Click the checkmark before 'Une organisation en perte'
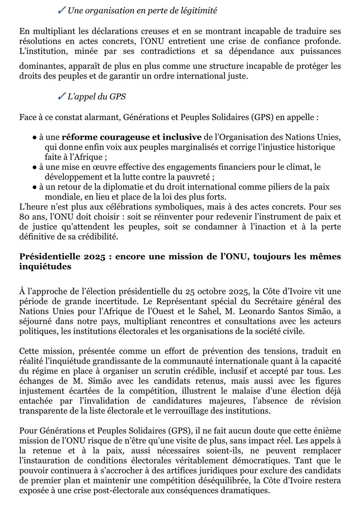click(61, 11)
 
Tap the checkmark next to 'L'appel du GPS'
click(61, 97)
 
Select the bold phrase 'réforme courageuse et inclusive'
click(131, 137)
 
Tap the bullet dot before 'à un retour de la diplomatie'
click(34, 186)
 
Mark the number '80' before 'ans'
click(25, 216)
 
